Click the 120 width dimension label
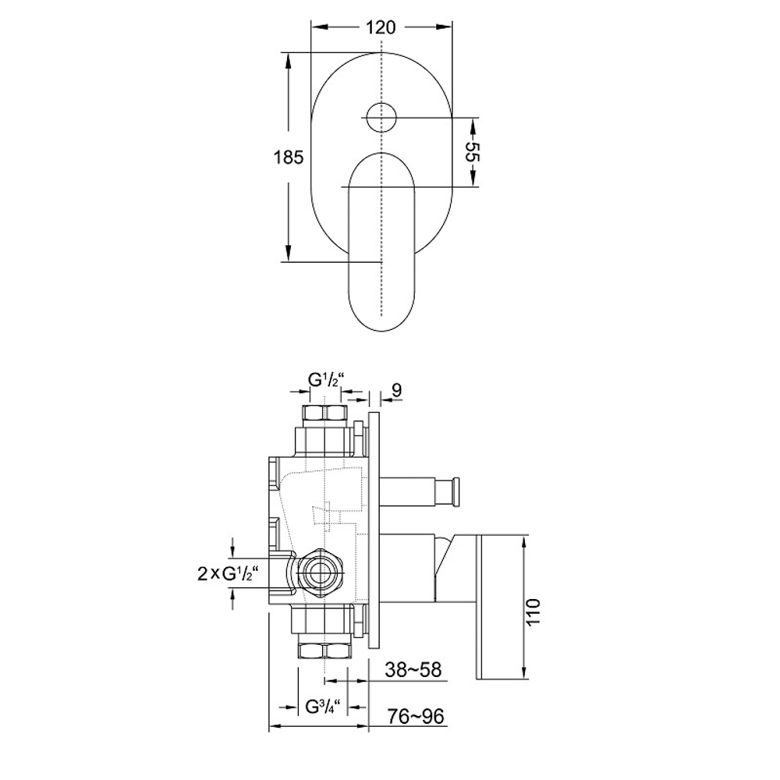[381, 27]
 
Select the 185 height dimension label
[289, 158]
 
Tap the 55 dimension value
[472, 152]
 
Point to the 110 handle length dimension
[533, 612]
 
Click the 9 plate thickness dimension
[396, 390]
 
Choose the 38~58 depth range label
[413, 669]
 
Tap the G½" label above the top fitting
[326, 380]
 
